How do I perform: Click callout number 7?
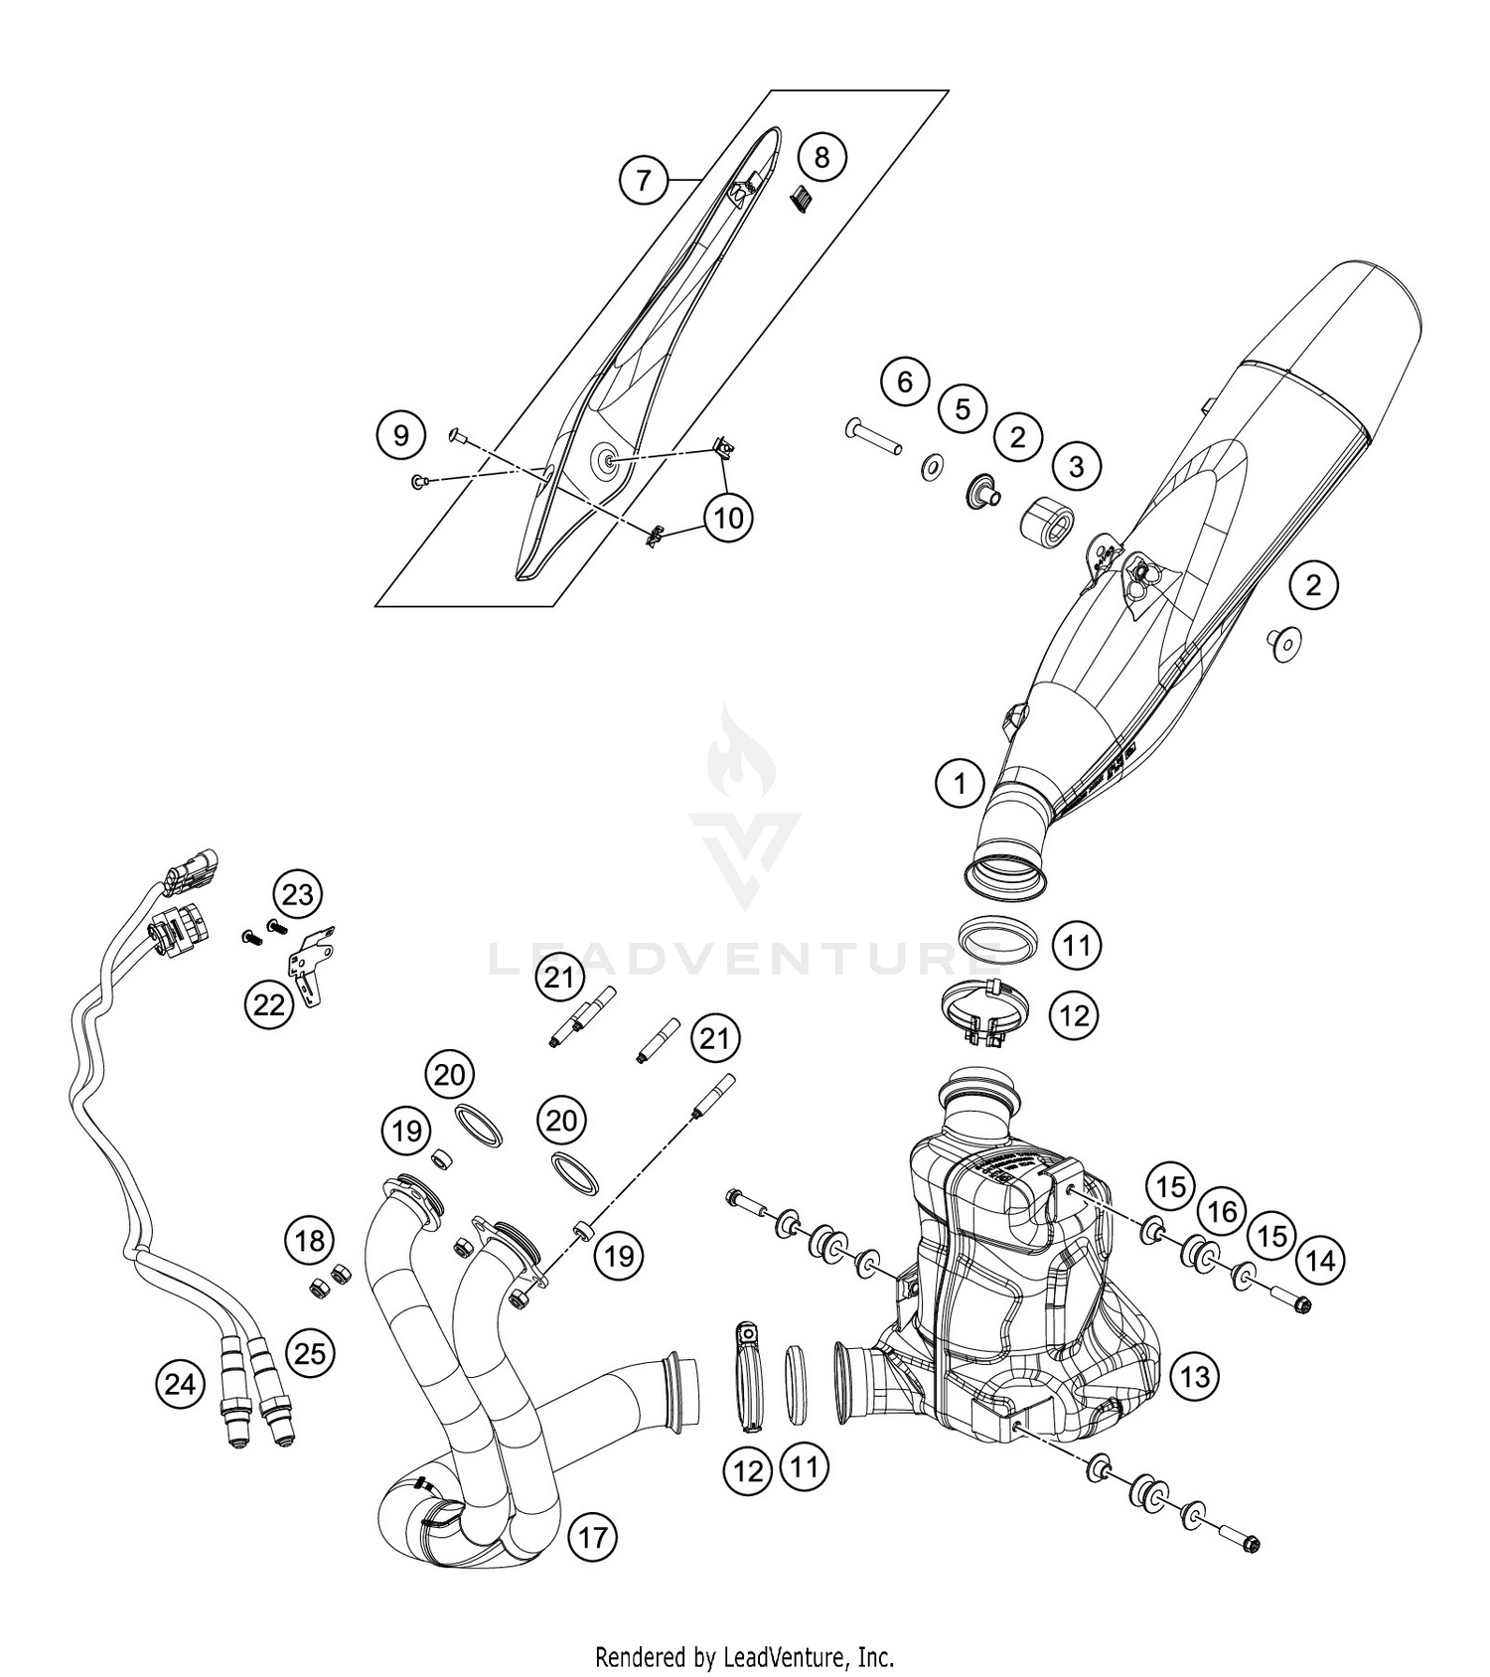[x=644, y=180]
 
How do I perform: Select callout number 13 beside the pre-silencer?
[x=1195, y=1376]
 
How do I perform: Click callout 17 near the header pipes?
[x=592, y=1538]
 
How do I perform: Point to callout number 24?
[x=180, y=1383]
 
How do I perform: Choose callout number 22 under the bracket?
[x=269, y=1004]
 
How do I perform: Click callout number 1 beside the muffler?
[x=960, y=784]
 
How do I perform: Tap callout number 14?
[x=1321, y=1261]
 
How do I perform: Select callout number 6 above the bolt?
[x=904, y=381]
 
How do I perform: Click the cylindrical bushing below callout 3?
[x=1047, y=521]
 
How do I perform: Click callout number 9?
[x=400, y=435]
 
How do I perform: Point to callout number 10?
[x=728, y=518]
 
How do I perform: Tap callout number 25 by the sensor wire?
[x=310, y=1352]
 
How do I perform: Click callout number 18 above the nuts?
[x=309, y=1240]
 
